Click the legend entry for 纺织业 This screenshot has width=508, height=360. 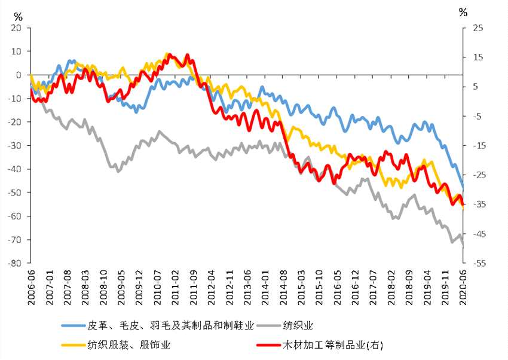(x=300, y=325)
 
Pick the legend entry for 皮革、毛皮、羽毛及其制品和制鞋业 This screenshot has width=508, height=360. (x=172, y=325)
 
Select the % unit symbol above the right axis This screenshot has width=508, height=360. (x=462, y=11)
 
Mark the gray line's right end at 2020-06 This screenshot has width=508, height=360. (x=463, y=244)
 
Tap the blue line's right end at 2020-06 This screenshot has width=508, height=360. (x=463, y=188)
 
